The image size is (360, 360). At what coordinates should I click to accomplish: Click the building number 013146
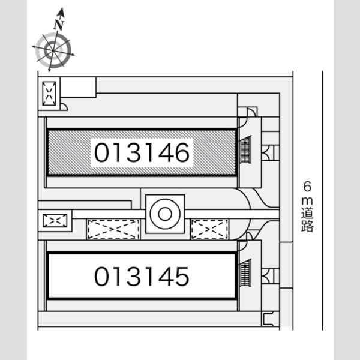(142, 152)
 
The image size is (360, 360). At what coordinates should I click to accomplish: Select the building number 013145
(142, 277)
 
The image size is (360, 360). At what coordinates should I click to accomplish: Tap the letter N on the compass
(59, 25)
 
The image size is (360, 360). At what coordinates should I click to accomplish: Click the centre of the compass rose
(53, 50)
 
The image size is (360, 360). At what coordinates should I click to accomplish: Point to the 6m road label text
(307, 206)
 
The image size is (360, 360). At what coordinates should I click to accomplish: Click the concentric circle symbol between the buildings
(165, 214)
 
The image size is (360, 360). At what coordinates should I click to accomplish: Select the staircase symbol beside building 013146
(245, 150)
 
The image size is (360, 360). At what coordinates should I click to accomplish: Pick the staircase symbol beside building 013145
(245, 273)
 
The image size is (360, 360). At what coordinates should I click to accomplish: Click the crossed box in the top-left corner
(49, 94)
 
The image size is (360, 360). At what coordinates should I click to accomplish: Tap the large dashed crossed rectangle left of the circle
(113, 229)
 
